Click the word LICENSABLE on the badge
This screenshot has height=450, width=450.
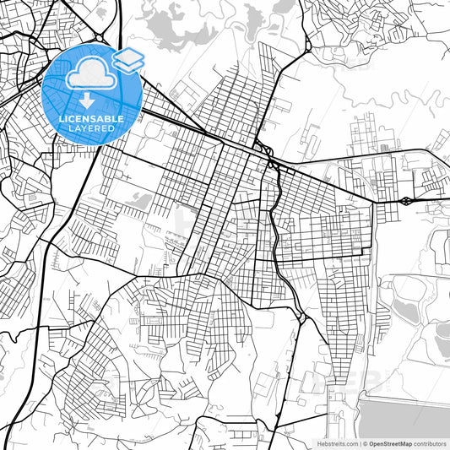91,119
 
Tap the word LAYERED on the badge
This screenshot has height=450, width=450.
91,128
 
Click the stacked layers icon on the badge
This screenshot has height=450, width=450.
127,59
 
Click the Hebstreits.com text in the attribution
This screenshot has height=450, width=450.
336,443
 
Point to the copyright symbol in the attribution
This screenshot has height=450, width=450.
364,443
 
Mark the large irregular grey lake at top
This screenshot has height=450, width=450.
179,32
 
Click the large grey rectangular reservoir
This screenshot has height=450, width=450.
404,417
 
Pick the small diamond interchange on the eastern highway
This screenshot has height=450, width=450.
407,201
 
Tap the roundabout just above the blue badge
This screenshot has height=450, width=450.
99,38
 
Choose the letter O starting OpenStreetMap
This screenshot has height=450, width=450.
370,443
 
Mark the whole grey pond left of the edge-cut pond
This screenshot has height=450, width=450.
407,310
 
